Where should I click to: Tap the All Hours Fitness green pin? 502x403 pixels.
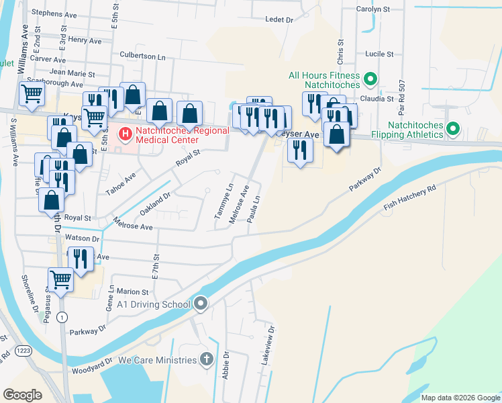[x=370, y=82]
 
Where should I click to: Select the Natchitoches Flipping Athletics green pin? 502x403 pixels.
[x=454, y=128]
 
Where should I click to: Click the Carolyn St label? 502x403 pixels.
[x=374, y=9]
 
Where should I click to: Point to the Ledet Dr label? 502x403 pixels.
[x=279, y=20]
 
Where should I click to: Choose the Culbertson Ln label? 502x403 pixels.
[x=142, y=57]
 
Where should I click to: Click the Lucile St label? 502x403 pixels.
[x=379, y=54]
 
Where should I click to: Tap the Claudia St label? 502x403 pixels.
[x=376, y=99]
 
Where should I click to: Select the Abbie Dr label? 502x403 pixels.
[x=226, y=367]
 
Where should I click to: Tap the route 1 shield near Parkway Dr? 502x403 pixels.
[x=62, y=316]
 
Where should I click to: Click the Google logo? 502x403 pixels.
[x=23, y=395]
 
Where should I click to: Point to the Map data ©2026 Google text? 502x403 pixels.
[x=460, y=398]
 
